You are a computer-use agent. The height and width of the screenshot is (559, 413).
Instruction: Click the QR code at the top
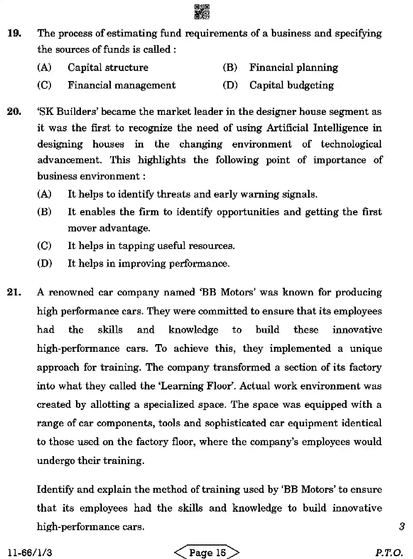click(x=202, y=12)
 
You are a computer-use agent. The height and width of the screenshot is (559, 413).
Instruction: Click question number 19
click(x=14, y=34)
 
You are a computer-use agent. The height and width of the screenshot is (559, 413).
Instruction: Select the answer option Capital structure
click(x=108, y=68)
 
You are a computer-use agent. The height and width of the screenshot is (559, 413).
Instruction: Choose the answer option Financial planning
click(x=293, y=68)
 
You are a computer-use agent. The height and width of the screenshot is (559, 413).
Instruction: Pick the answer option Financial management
click(x=121, y=85)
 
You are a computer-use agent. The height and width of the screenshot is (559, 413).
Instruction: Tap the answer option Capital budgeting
click(x=291, y=85)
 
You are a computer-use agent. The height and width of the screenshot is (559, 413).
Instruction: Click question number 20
click(x=14, y=112)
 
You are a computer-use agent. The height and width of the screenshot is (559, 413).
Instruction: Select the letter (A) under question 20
click(x=44, y=194)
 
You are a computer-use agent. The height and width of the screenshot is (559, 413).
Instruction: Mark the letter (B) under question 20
click(x=44, y=212)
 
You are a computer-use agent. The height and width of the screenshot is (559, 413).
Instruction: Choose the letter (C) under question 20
click(x=44, y=246)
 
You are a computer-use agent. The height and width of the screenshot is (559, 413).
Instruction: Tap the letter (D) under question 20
click(x=44, y=263)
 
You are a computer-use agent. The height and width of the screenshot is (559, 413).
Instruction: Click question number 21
click(x=14, y=292)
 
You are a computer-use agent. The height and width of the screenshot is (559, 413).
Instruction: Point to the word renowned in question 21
click(x=71, y=292)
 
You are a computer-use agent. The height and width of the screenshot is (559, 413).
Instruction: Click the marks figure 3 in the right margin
click(x=402, y=527)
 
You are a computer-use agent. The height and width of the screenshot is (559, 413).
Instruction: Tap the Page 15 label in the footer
click(x=207, y=552)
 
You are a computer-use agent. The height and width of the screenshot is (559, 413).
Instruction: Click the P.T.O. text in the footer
click(x=389, y=552)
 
